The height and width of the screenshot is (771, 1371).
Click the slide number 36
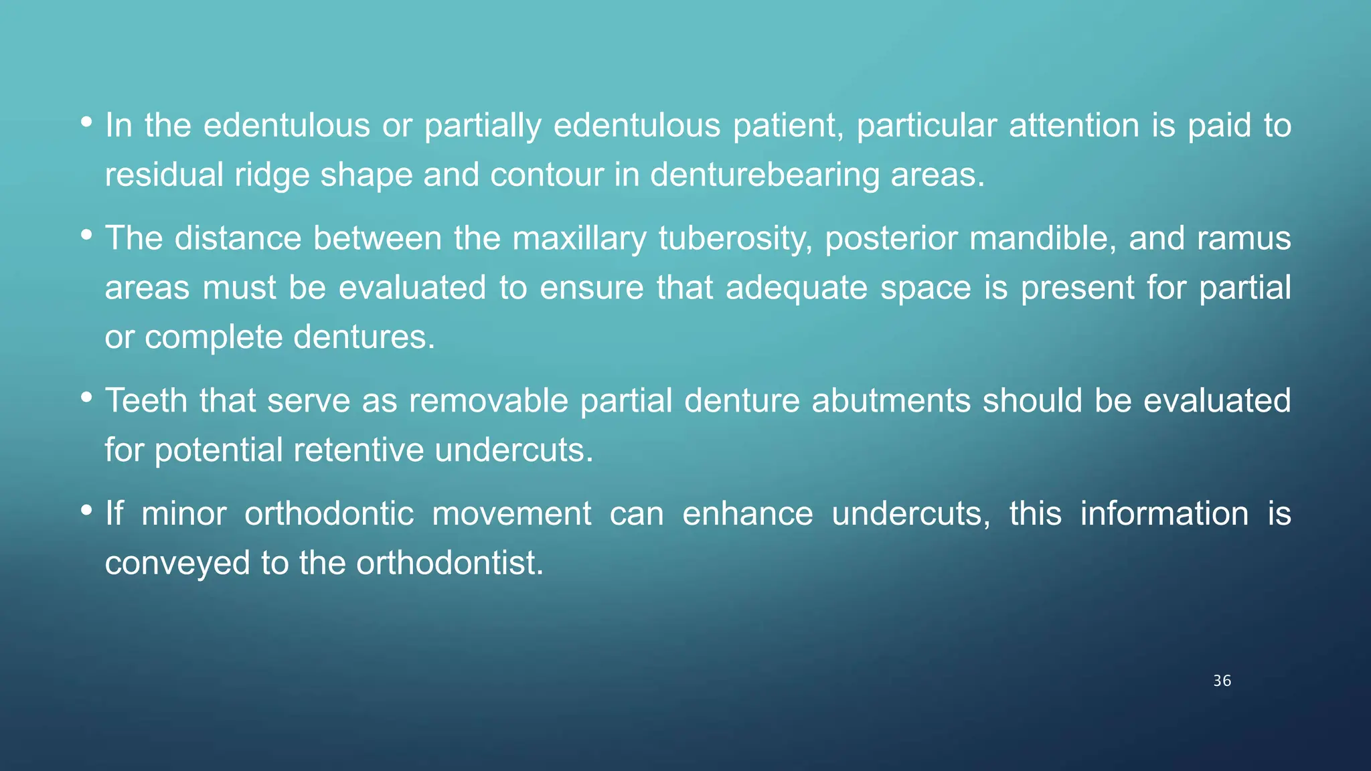pyautogui.click(x=1222, y=681)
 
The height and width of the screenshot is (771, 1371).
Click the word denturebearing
pyautogui.click(x=764, y=175)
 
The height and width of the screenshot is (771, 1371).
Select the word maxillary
pyautogui.click(x=579, y=239)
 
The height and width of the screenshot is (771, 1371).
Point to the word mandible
pyautogui.click(x=1042, y=239)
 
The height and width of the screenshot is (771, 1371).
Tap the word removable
pyautogui.click(x=488, y=401)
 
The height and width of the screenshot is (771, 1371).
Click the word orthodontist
pyautogui.click(x=450, y=563)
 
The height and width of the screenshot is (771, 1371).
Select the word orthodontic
pyautogui.click(x=329, y=514)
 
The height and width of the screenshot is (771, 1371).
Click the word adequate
pyautogui.click(x=797, y=288)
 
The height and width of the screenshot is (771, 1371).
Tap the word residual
pyautogui.click(x=164, y=175)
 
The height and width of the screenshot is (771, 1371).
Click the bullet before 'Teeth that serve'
pyautogui.click(x=86, y=398)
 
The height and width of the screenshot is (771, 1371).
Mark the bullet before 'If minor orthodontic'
pyautogui.click(x=86, y=511)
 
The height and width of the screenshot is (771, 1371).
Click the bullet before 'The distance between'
pyautogui.click(x=86, y=235)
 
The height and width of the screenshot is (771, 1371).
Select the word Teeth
pyautogui.click(x=146, y=401)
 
